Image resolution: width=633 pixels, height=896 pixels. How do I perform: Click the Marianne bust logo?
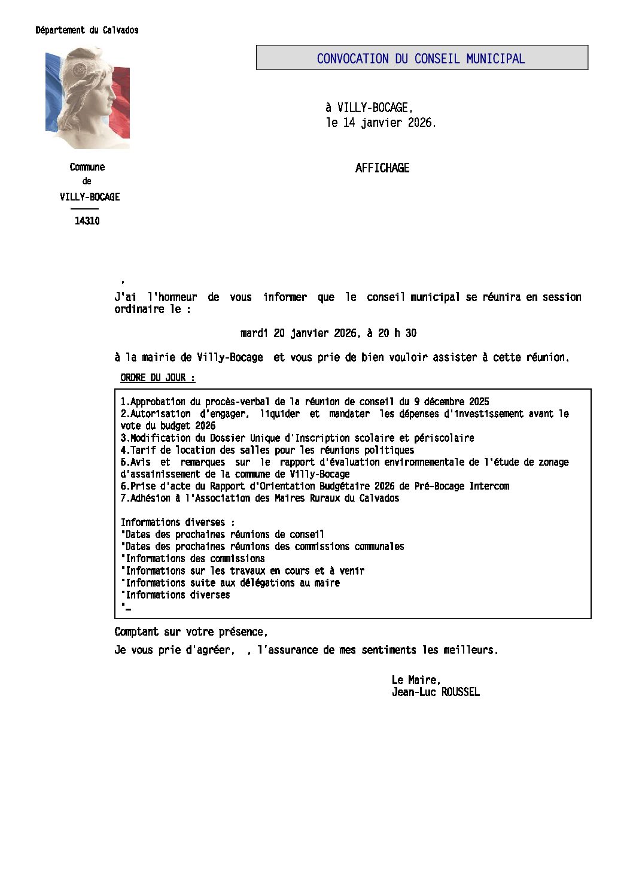[x=87, y=98]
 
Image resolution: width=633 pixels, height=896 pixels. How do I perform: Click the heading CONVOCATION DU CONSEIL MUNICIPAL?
[x=421, y=59]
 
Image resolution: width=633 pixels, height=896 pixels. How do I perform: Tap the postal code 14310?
[x=87, y=221]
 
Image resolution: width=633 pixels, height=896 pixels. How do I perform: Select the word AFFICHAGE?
[x=382, y=168]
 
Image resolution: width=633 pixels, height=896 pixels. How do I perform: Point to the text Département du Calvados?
[x=87, y=30]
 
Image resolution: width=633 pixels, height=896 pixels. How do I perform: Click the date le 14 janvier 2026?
[x=381, y=123]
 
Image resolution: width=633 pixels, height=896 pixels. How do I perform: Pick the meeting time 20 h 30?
[x=397, y=333]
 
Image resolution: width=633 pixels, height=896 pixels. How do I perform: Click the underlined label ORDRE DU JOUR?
[x=157, y=378]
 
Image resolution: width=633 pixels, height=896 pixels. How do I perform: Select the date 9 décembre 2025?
[x=452, y=402]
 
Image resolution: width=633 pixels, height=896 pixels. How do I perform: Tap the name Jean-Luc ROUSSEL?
[x=436, y=692]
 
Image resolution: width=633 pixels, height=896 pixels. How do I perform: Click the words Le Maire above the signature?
[x=416, y=680]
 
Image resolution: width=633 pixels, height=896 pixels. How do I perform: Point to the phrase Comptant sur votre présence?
[x=191, y=632]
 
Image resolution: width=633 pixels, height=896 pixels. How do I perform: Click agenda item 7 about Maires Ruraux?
[x=260, y=498]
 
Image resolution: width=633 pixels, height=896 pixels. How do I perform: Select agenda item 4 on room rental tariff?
[x=267, y=450]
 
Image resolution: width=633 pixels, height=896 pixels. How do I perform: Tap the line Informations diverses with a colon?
[x=178, y=523]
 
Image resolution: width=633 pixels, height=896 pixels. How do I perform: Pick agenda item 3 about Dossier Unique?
[x=297, y=438]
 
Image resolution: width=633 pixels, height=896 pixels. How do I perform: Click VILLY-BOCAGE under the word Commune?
[x=90, y=197]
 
